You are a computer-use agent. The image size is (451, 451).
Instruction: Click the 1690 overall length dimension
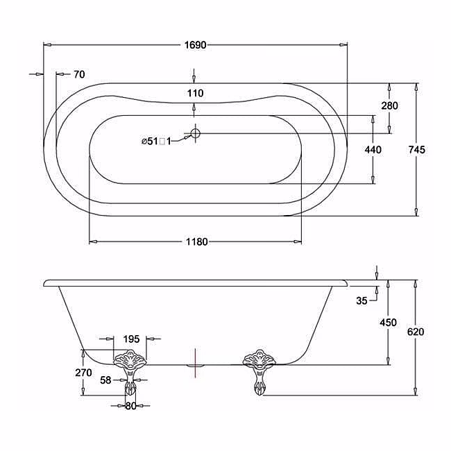point(195,45)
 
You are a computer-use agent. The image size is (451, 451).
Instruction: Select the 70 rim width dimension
point(79,74)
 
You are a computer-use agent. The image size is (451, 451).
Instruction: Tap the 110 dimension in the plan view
point(195,93)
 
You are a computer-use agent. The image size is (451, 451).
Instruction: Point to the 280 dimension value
point(389,105)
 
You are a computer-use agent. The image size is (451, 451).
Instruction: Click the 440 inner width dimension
point(373,150)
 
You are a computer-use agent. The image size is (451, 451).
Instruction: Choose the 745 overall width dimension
point(416,150)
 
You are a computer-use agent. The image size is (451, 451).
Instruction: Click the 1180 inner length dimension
point(197,241)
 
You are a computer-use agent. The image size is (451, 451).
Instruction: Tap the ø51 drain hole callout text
point(156,142)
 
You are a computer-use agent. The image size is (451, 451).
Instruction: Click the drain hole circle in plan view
point(195,133)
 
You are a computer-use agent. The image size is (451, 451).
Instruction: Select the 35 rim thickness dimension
point(361,300)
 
